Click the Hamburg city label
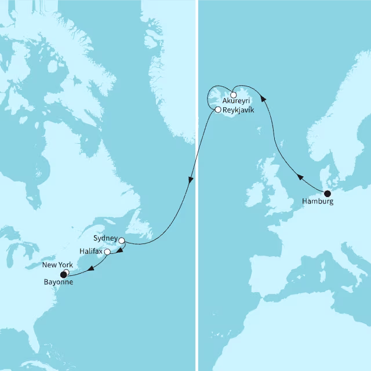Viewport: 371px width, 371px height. coord(318,202)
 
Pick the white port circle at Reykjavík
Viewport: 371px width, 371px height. coord(217,109)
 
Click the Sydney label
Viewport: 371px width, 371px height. coord(105,239)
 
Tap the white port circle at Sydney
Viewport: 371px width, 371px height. coord(122,241)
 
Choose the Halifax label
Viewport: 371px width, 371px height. coord(92,252)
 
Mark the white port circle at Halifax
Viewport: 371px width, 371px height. coord(107,252)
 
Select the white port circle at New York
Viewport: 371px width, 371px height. coord(67,272)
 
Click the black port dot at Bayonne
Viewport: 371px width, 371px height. coord(63,275)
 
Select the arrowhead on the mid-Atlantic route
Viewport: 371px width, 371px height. coord(190,182)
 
